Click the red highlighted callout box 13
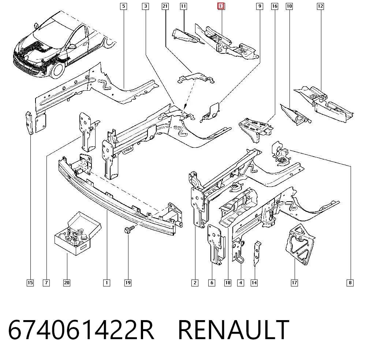click(221, 6)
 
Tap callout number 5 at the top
click(123, 6)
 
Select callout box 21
click(165, 6)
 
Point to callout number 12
click(321, 6)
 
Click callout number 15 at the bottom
click(30, 283)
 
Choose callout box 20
click(67, 283)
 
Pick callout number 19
click(128, 283)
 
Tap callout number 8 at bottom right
click(350, 283)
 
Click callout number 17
click(295, 283)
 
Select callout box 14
click(254, 283)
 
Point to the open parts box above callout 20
click(78, 233)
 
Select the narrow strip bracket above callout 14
click(257, 254)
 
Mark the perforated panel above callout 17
click(300, 244)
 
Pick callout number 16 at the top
click(275, 6)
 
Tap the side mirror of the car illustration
click(72, 47)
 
